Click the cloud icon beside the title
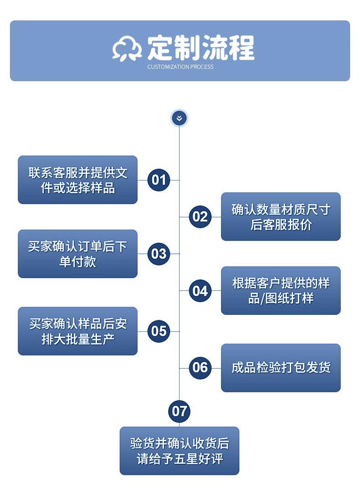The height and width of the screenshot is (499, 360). pos(127,48)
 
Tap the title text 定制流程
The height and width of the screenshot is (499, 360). pos(201,47)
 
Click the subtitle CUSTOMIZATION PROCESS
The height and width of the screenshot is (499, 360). pos(180,67)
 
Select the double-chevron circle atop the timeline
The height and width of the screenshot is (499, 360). pos(179,118)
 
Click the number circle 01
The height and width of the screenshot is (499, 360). pos(159,180)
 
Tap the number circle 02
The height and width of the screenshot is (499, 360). pos(200,216)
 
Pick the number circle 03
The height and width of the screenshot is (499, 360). pos(159,254)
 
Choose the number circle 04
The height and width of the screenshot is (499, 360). pos(200,291)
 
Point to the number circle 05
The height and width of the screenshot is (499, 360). pos(159,331)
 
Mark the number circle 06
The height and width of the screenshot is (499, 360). pos(200,368)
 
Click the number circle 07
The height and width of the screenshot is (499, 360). pos(179,411)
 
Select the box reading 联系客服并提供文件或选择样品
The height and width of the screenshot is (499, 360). pos(77,180)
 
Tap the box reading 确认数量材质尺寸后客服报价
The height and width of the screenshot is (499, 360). pos(281,216)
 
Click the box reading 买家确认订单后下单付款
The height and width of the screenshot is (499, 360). pos(77,254)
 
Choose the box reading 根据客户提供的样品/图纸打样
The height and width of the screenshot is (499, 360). pos(281,291)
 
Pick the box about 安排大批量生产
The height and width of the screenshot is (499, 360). pos(77,331)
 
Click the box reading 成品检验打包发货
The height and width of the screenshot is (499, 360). pos(281,368)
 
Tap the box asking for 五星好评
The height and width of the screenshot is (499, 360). pos(179,451)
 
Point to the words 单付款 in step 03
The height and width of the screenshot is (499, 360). pos(77,262)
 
